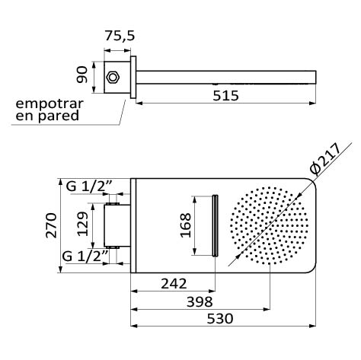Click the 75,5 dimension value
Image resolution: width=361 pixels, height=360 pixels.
point(120,36)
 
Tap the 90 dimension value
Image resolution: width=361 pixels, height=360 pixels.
point(82,75)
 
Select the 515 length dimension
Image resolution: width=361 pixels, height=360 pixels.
point(225,96)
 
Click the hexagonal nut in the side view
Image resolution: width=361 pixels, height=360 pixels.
point(113,77)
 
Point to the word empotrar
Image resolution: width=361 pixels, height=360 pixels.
point(50,104)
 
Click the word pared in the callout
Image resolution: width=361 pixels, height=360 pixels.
point(59,116)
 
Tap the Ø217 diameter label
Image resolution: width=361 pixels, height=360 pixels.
point(326,159)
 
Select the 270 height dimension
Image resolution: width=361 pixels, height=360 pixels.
point(52,225)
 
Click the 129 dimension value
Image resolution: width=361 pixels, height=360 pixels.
point(83,224)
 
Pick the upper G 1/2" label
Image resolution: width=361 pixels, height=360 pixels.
point(89,186)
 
